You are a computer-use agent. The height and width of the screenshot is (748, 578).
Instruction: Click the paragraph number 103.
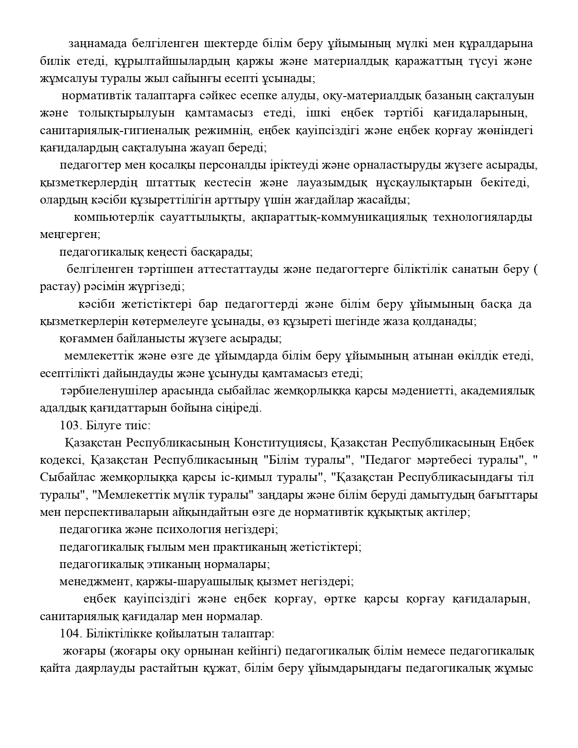[69, 426]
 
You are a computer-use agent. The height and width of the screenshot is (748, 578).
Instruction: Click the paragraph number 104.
[69, 634]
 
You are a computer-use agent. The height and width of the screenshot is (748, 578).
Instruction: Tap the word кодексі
[61, 460]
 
